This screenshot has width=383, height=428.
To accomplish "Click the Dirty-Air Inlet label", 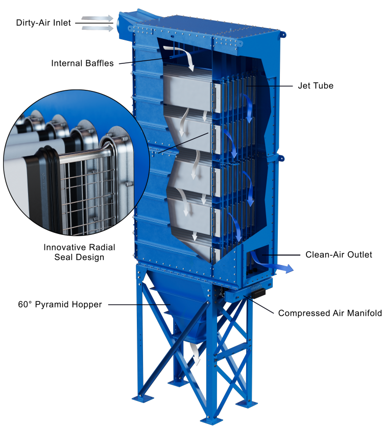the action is pos(43,22).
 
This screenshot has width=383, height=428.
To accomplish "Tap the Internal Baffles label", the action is pos(82,63).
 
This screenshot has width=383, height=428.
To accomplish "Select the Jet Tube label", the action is pos(316,86).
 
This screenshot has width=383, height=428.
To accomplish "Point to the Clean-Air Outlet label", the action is pos(339,255).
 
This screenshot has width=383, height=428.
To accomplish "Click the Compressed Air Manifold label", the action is pos(330,313).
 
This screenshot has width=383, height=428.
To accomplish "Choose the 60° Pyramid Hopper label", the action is pos(60,304).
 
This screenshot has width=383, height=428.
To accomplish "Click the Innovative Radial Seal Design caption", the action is pos(79,252).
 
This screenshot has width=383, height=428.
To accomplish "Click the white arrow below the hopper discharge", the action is pos(195,354).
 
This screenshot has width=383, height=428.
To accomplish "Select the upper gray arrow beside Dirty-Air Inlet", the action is pos(98,18).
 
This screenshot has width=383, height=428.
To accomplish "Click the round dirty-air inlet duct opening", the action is pos(119,25).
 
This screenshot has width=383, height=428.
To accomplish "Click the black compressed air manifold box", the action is pos(258,293).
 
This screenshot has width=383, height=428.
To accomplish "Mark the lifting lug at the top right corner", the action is pos(283,34).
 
